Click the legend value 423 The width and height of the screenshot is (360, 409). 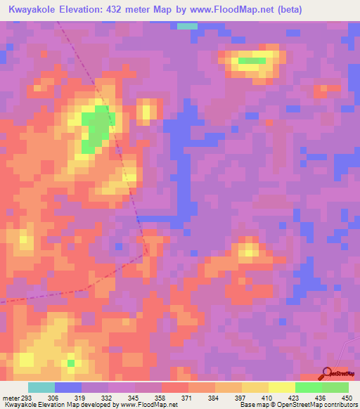pyautogui.click(x=295, y=398)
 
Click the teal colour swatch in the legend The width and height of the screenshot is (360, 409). pyautogui.click(x=41, y=387)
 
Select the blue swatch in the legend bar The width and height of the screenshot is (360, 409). pyautogui.click(x=68, y=387)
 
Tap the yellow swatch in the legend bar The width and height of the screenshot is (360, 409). pyautogui.click(x=282, y=387)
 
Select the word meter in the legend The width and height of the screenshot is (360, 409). pyautogui.click(x=10, y=398)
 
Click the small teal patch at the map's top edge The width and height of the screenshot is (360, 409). pyautogui.click(x=187, y=26)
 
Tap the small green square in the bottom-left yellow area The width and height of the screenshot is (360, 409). pyautogui.click(x=70, y=363)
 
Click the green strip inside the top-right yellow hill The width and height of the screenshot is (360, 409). pyautogui.click(x=252, y=60)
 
